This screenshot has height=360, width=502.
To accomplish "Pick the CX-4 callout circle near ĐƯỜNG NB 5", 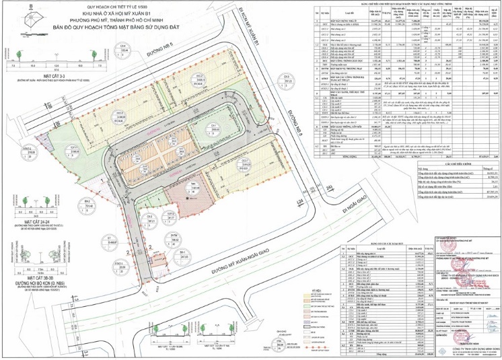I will [124, 48].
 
